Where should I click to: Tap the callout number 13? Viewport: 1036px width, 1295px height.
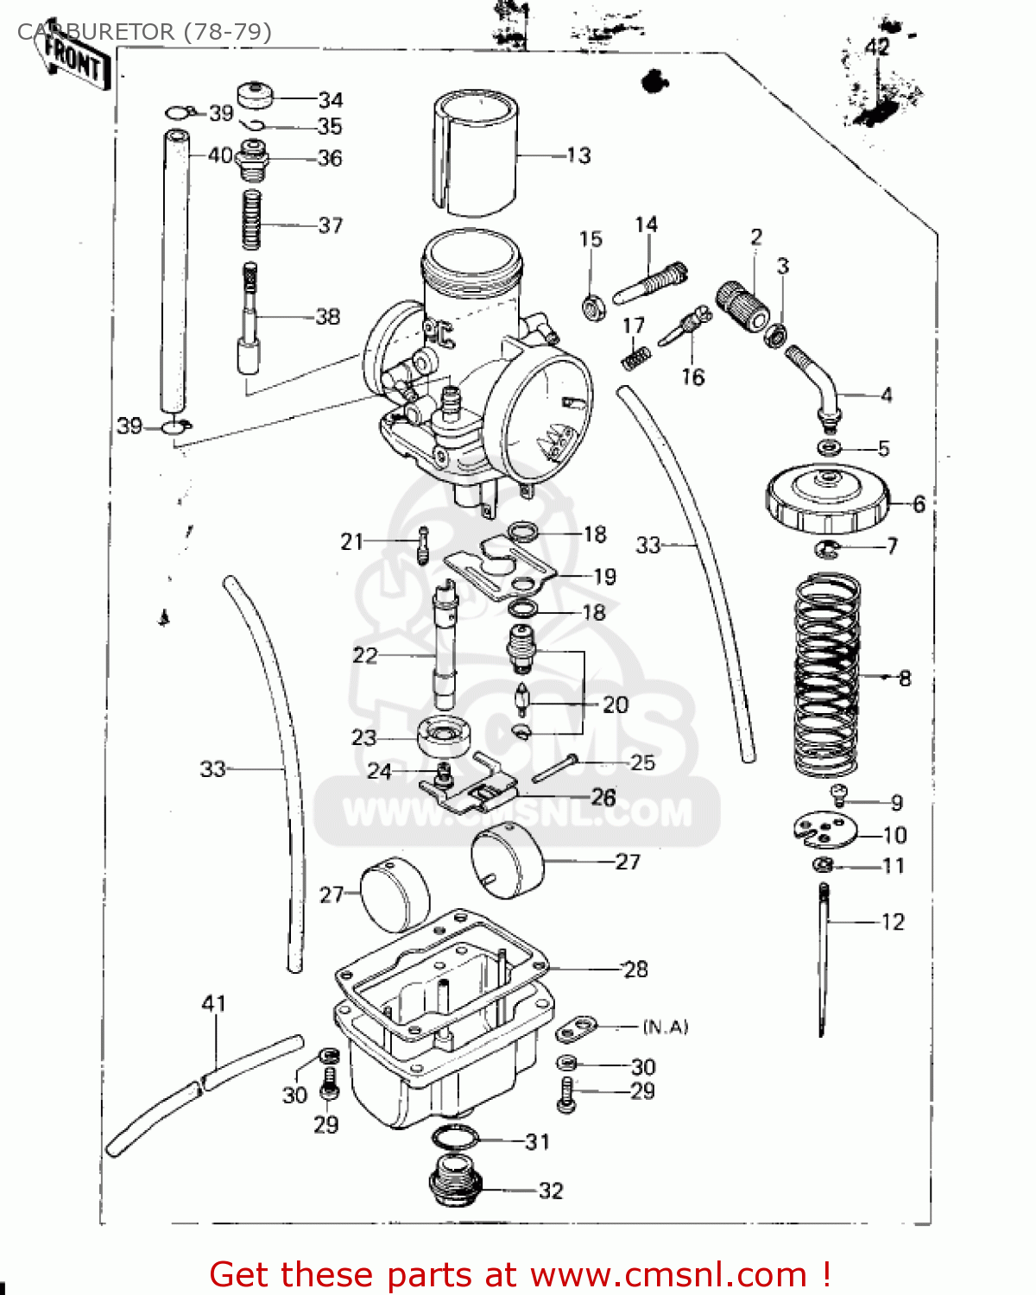[x=578, y=155]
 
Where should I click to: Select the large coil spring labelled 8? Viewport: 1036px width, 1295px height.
[x=826, y=675]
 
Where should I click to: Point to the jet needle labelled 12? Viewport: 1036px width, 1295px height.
[x=824, y=958]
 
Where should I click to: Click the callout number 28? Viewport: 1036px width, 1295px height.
[x=635, y=969]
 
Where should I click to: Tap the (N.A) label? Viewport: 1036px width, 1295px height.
[x=666, y=1027]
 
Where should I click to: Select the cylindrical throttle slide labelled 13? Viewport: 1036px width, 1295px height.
[x=475, y=153]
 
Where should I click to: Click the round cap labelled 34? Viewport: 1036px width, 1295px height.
[x=256, y=95]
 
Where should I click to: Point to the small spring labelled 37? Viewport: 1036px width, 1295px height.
[x=251, y=220]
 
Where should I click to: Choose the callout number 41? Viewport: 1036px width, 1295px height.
[x=214, y=1003]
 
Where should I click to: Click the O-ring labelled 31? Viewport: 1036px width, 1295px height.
[x=454, y=1139]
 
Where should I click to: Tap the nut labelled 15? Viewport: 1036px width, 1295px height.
[x=592, y=306]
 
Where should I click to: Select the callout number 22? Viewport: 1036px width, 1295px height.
[x=364, y=655]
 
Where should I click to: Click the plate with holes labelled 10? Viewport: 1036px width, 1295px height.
[x=824, y=831]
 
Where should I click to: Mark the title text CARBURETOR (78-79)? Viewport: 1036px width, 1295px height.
[x=144, y=32]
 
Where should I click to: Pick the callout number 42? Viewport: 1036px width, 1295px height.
[x=877, y=47]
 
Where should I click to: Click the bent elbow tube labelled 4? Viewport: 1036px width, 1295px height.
[x=817, y=384]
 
